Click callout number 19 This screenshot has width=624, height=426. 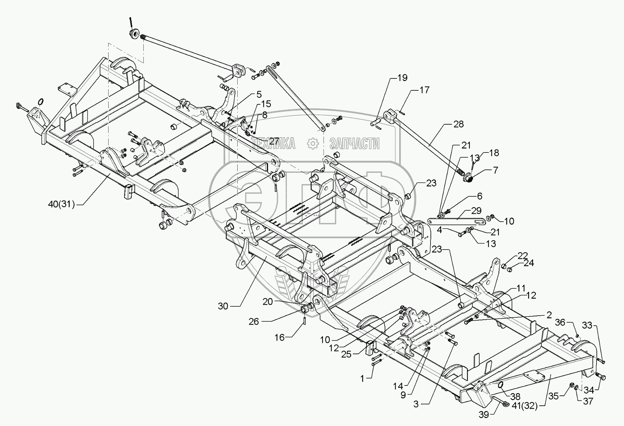402,78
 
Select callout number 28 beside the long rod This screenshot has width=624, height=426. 458,124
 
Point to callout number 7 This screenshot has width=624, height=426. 496,170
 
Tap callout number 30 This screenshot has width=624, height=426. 223,306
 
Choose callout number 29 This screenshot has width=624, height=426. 476,211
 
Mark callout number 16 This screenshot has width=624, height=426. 279,338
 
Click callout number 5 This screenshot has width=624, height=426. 259,94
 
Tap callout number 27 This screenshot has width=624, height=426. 274,141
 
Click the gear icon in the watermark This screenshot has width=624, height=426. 312,144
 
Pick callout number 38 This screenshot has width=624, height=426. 515,396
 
